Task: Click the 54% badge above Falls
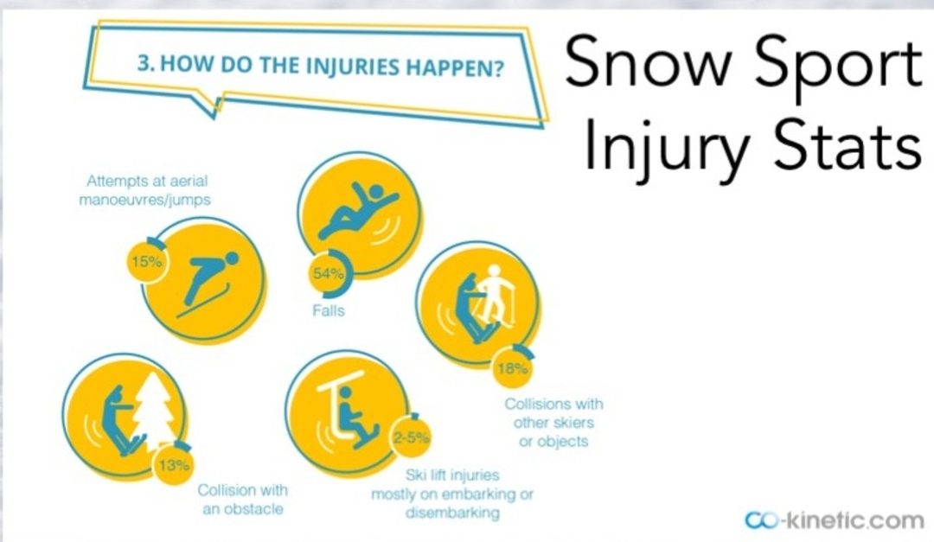click(329, 273)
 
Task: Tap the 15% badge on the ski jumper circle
click(146, 261)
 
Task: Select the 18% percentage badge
click(512, 368)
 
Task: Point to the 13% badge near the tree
click(174, 464)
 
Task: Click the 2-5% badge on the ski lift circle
click(411, 437)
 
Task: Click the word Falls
click(329, 310)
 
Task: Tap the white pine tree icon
click(154, 411)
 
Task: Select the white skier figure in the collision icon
click(496, 294)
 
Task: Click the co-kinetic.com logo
click(834, 520)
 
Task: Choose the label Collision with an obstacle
click(242, 499)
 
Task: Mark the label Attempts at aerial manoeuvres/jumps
click(146, 189)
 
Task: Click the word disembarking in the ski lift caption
click(452, 513)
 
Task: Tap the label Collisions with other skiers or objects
click(553, 423)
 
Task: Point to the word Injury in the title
click(666, 146)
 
